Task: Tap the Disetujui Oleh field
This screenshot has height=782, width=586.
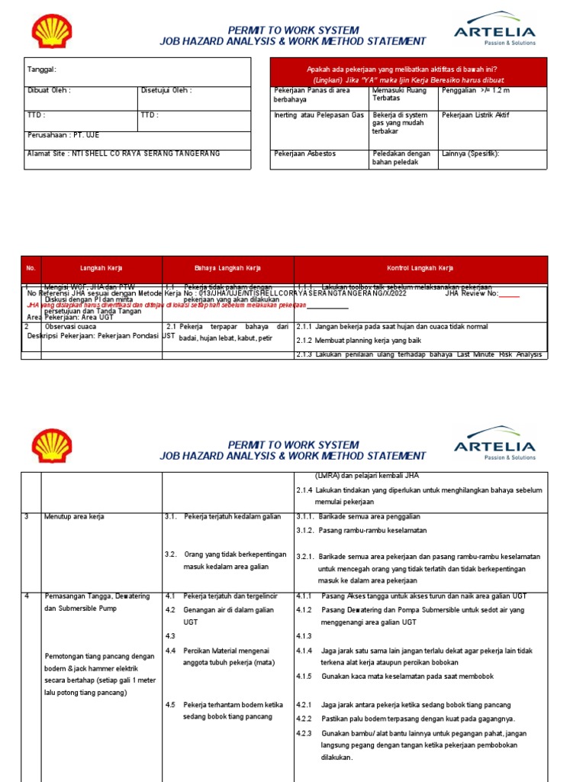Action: [x=166, y=90]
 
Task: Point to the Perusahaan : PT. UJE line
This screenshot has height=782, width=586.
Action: [x=63, y=135]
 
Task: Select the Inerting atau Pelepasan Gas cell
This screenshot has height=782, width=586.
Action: [x=319, y=115]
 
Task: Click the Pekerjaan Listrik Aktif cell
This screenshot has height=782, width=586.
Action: [x=475, y=115]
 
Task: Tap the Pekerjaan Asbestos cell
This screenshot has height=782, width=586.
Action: [x=304, y=153]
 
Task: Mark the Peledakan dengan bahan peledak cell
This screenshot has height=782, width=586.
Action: [x=401, y=157]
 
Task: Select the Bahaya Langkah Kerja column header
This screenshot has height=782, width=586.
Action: [x=228, y=268]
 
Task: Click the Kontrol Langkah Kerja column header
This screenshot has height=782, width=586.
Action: [x=420, y=268]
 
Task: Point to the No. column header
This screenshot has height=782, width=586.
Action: [x=31, y=268]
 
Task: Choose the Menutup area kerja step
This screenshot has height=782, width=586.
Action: [x=74, y=516]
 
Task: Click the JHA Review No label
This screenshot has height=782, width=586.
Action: [x=471, y=292]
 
